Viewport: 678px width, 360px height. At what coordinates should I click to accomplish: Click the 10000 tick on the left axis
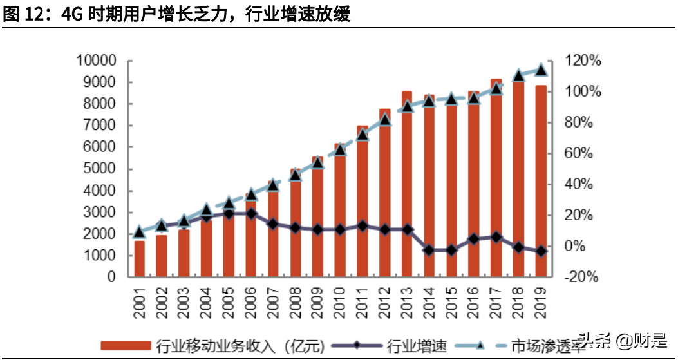[x=95, y=61]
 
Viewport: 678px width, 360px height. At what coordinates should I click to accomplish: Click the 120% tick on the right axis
[x=583, y=61]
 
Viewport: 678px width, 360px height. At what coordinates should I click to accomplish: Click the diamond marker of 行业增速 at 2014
[x=429, y=250]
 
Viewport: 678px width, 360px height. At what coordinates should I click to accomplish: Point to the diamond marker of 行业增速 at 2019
[x=541, y=251]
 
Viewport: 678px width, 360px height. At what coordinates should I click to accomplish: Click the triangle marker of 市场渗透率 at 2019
[x=541, y=70]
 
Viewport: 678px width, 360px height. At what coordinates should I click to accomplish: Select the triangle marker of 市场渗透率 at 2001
[x=139, y=232]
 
